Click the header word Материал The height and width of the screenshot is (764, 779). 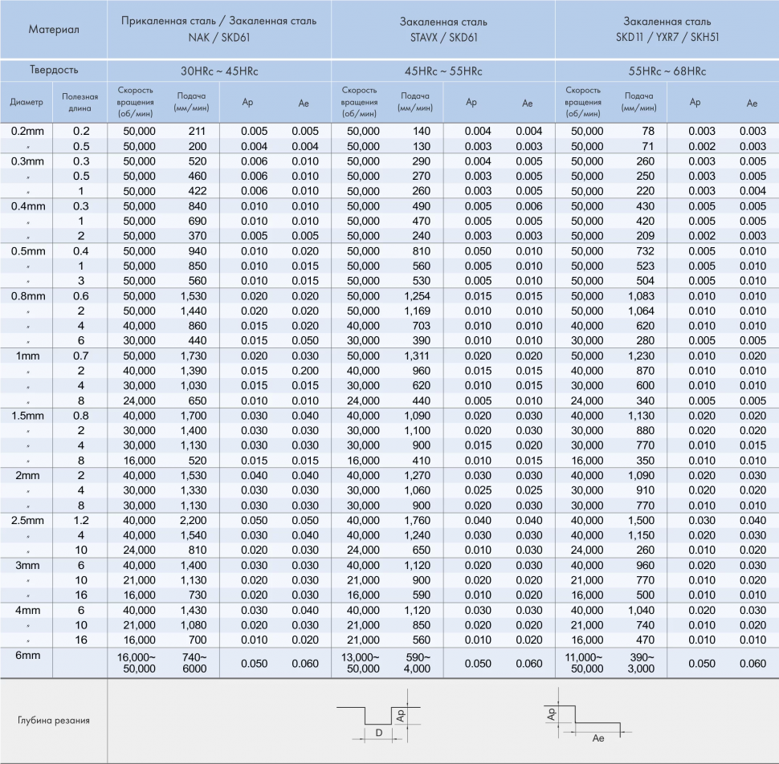54,30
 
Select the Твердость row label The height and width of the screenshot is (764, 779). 54,70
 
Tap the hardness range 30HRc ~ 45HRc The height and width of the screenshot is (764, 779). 218,71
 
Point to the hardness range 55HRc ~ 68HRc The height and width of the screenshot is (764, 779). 667,71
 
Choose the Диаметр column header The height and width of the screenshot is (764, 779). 27,102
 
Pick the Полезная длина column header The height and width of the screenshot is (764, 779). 80,102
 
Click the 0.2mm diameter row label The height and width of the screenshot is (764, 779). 27,131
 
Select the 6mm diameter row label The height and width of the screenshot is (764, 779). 25,656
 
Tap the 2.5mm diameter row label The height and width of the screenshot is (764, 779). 27,520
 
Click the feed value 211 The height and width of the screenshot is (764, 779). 197,131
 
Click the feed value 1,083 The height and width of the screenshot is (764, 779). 640,295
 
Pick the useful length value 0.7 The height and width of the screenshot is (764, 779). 81,356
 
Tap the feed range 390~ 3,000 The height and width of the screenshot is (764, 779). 641,662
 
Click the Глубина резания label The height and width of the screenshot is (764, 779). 54,720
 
